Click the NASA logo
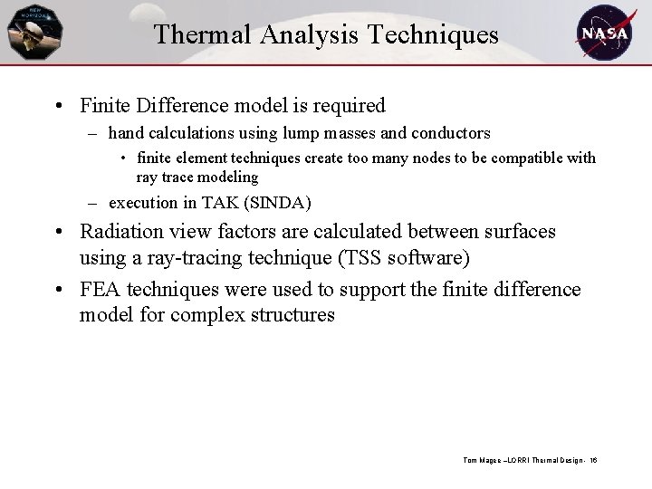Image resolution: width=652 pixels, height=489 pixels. click(606, 32)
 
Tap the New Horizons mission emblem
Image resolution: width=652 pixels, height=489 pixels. click(34, 33)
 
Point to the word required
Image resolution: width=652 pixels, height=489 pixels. click(350, 106)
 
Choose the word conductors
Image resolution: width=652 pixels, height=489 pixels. click(450, 134)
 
